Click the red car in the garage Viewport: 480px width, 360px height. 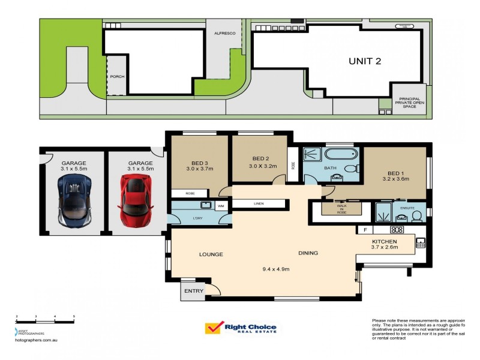[x=134, y=200]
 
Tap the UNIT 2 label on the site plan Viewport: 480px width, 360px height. [x=365, y=61]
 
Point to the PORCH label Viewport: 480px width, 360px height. [x=116, y=76]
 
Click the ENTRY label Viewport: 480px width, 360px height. [x=194, y=292]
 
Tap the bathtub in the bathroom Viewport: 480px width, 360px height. [x=341, y=155]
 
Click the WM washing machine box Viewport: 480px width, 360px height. [x=221, y=206]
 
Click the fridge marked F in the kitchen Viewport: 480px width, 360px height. [x=364, y=230]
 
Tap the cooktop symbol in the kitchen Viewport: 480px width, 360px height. [x=396, y=229]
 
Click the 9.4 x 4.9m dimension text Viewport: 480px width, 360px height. [x=277, y=269]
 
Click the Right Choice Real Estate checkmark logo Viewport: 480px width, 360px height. [x=213, y=328]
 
